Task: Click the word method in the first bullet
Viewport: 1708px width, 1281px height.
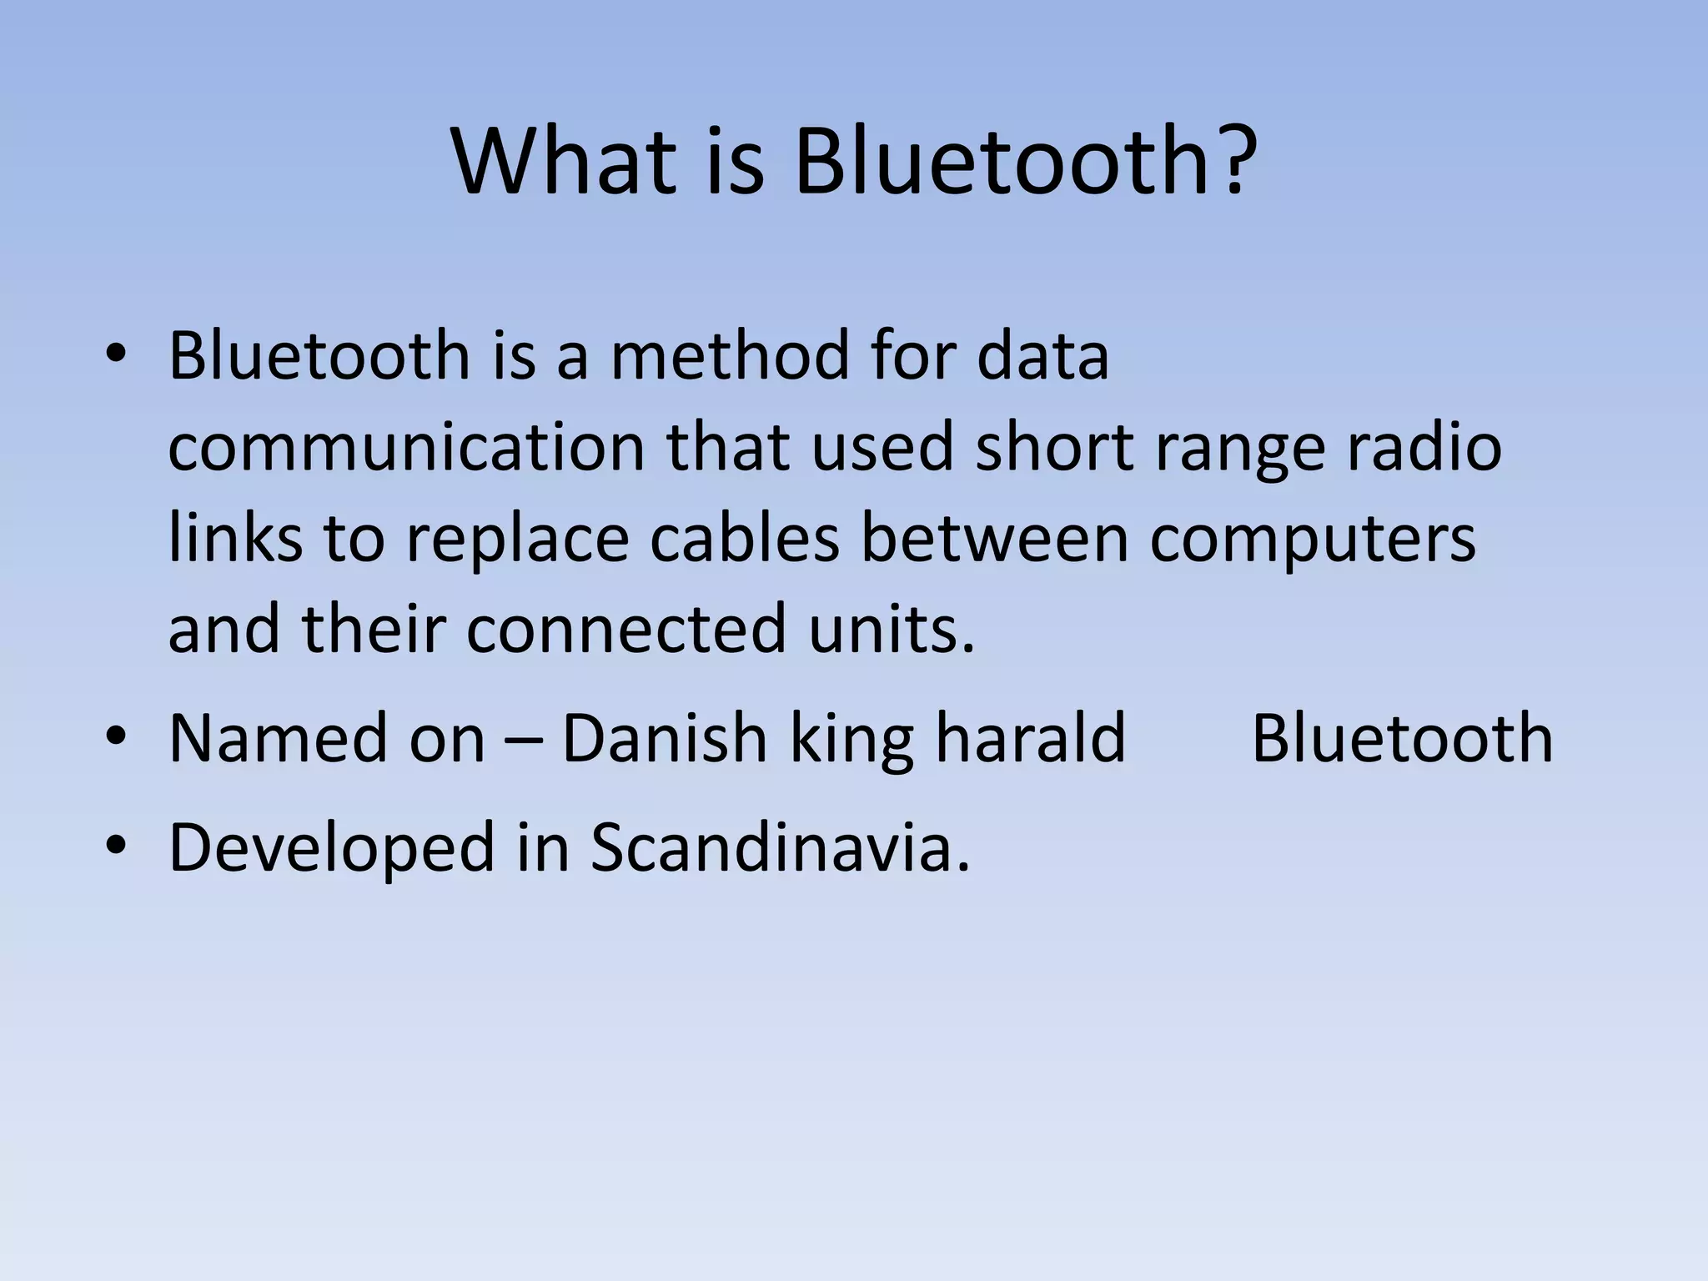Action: [x=728, y=356]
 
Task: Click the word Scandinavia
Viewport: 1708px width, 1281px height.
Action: [x=780, y=847]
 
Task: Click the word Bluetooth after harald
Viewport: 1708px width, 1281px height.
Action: [x=1402, y=737]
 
